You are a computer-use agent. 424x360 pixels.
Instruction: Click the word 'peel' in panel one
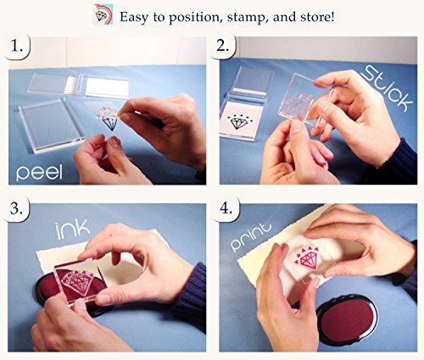39,172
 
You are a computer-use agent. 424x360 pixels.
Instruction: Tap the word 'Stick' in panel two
388,87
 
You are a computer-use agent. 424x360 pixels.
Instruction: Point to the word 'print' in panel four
251,236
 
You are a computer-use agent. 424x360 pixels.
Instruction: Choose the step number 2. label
223,46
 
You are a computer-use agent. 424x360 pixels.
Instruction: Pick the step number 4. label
226,209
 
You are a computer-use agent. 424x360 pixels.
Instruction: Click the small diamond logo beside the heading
103,14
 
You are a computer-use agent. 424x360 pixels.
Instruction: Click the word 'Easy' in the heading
134,18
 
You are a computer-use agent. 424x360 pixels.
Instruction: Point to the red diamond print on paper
308,258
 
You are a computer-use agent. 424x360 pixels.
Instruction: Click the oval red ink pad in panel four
348,319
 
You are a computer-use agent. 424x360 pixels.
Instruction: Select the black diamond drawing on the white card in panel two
241,121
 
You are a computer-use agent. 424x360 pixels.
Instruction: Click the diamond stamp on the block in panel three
77,282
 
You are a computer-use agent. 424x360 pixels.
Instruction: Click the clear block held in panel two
304,99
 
